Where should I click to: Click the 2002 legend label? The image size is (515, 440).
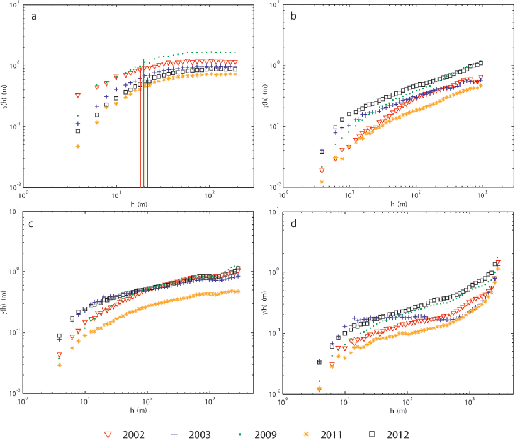click(133, 435)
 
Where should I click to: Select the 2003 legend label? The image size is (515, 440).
click(199, 435)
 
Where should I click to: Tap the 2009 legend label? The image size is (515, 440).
click(265, 435)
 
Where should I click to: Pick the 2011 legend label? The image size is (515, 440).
click(331, 435)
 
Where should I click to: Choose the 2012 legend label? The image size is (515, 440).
click(398, 435)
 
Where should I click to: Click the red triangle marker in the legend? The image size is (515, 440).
click(108, 435)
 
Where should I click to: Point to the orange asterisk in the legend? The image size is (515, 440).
click(306, 434)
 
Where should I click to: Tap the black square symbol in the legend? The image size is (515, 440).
click(372, 434)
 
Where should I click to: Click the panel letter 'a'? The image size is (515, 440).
click(34, 17)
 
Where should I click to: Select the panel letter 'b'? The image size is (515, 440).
click(294, 16)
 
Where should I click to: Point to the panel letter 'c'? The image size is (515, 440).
click(31, 224)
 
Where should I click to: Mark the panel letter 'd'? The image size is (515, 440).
click(294, 223)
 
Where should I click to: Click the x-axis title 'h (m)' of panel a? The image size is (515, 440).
click(139, 204)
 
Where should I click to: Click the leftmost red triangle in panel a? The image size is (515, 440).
click(78, 95)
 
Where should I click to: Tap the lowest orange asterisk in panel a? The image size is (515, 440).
click(78, 147)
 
